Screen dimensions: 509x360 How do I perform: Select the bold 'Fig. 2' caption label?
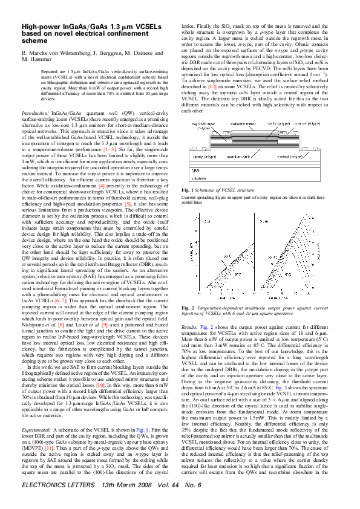click(188, 308)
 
